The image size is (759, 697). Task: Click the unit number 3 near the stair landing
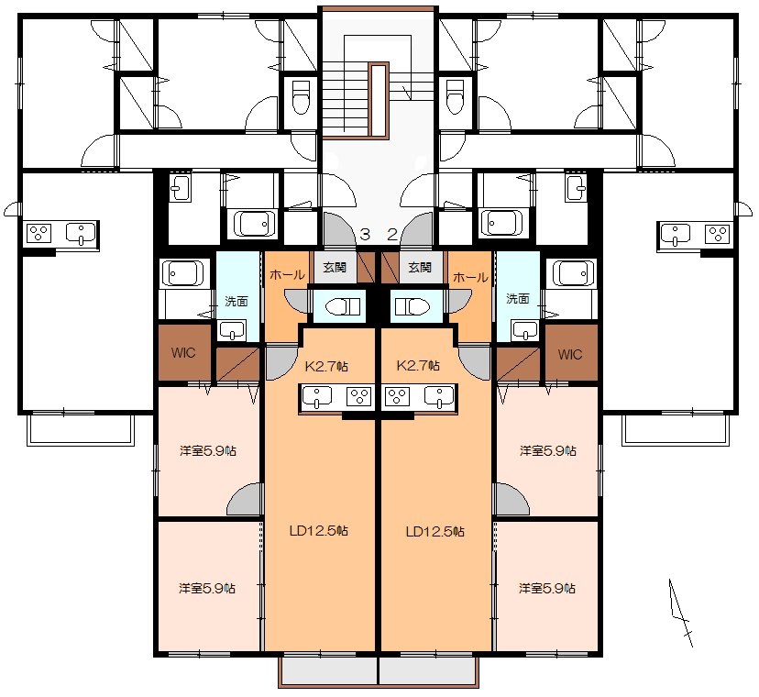tap(365, 235)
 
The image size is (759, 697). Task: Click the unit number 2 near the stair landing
tap(392, 235)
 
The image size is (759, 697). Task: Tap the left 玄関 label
tap(335, 268)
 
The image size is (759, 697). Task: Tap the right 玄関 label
tap(420, 268)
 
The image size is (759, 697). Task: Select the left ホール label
tap(287, 275)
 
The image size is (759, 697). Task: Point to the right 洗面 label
tap(517, 299)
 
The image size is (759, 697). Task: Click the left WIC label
tap(183, 352)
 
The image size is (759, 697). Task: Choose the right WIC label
tap(570, 355)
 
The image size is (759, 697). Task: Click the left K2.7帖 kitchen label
tap(326, 366)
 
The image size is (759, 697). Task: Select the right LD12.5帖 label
tap(435, 532)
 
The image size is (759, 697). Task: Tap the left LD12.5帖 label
tap(318, 531)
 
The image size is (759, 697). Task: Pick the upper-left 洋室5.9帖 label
tap(208, 451)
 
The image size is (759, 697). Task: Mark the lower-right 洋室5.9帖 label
tap(547, 589)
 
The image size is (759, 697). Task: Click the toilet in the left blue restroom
tap(343, 306)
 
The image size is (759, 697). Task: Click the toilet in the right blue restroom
tap(412, 306)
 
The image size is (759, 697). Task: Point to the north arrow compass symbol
tap(680, 613)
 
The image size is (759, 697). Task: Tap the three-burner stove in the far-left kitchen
tap(38, 234)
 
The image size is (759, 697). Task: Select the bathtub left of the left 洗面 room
tap(182, 273)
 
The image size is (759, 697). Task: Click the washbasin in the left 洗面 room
tap(232, 330)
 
